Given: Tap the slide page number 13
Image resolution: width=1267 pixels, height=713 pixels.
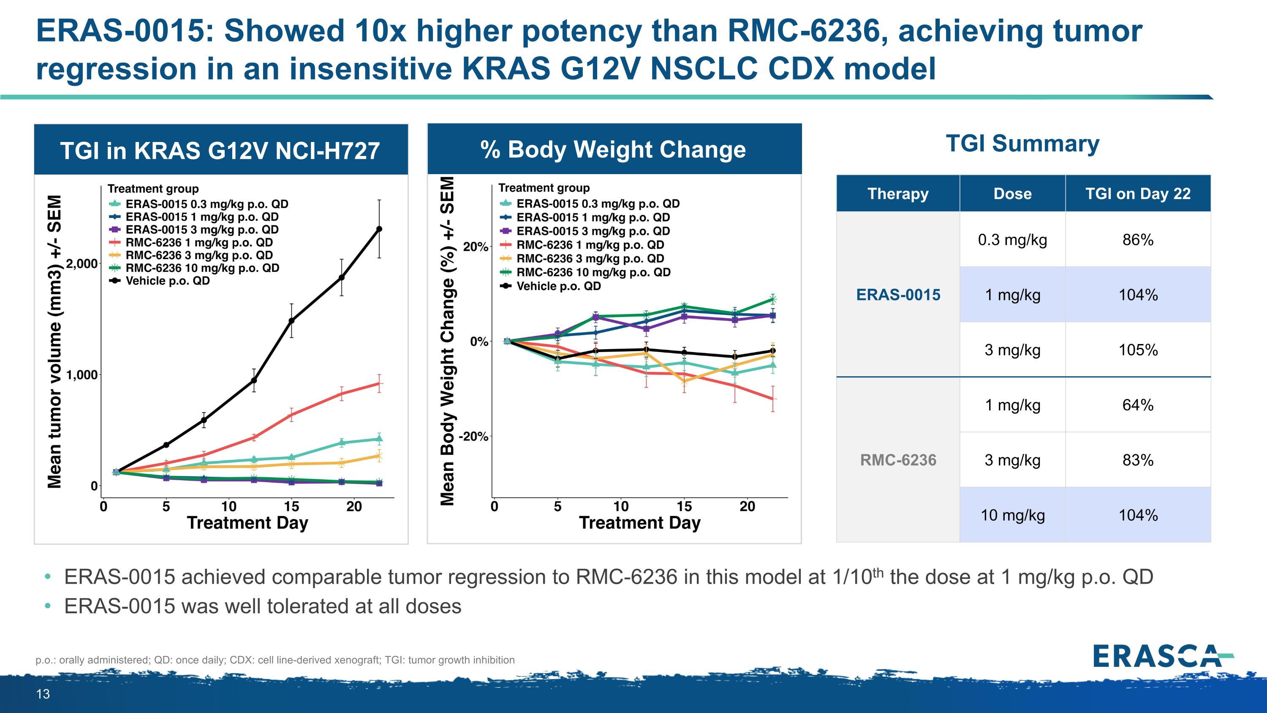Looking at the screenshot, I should tap(43, 694).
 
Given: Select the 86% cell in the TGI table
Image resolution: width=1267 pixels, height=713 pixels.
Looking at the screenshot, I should tap(1138, 240).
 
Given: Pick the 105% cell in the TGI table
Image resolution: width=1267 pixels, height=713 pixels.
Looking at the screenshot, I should tap(1138, 350).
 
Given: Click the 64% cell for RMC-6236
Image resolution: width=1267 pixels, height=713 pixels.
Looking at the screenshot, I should tap(1138, 405).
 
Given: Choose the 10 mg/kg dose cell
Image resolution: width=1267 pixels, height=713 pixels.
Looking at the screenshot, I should tap(1012, 515).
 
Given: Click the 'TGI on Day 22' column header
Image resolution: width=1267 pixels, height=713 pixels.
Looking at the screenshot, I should tap(1138, 194).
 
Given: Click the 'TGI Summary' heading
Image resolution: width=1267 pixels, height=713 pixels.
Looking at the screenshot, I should tap(1022, 144).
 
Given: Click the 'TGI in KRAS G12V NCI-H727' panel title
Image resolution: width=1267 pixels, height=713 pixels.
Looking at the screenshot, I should tap(220, 150).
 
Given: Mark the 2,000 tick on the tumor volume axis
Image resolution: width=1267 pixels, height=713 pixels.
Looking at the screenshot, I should tap(82, 264).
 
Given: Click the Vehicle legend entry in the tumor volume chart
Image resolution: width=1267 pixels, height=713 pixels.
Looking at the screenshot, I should tap(167, 281).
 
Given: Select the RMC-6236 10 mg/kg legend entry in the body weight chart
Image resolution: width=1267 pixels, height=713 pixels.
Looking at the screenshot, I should tap(593, 272).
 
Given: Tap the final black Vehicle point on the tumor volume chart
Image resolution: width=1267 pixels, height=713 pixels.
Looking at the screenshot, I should tap(379, 229).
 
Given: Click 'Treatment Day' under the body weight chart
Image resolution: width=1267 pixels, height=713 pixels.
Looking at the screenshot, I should tap(639, 522).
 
